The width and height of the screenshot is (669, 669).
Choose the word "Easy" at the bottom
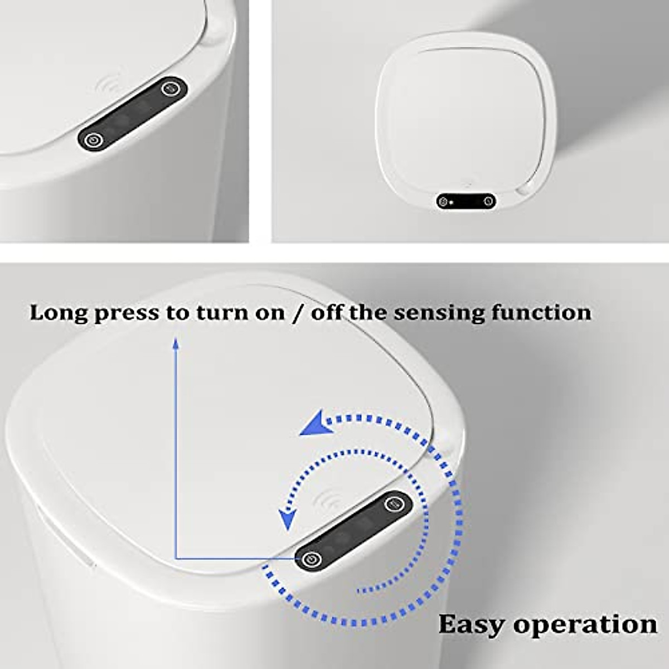[472, 624]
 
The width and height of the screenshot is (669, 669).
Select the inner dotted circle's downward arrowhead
[287, 520]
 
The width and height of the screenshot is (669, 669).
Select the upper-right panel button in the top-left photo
[169, 88]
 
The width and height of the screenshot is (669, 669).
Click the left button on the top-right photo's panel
[443, 202]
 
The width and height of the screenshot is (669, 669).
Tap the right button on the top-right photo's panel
[488, 201]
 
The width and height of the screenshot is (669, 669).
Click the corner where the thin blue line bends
[176, 558]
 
